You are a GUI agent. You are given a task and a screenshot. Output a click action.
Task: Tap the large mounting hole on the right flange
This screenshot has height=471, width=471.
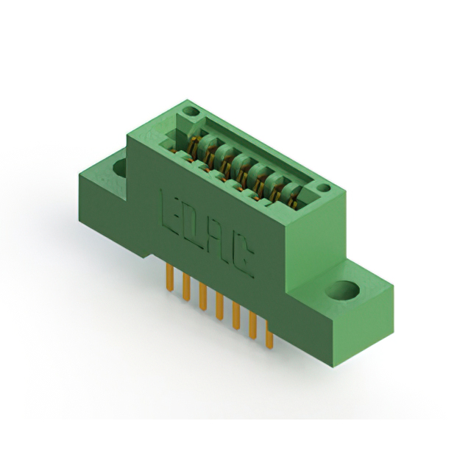coord(343,291)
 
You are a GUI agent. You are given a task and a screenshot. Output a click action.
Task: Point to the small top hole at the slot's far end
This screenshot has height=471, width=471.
coord(191,112)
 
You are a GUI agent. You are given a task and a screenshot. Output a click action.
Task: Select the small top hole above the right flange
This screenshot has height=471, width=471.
coord(324,188)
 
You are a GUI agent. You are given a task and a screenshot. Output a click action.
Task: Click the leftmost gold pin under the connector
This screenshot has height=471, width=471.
coord(170,277)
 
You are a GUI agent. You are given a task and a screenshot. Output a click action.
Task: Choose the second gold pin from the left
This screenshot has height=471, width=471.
coord(186,287)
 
